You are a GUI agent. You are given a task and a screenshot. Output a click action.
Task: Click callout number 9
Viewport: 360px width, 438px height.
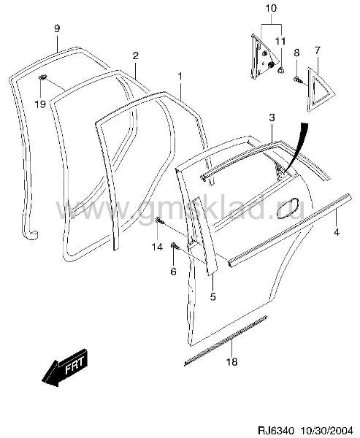pos(57,28)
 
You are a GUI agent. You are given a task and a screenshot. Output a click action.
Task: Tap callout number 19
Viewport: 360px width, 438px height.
pos(40,104)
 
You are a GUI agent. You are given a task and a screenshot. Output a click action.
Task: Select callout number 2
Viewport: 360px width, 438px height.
pos(135,55)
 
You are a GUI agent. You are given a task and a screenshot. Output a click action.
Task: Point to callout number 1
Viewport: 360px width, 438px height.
pos(180,76)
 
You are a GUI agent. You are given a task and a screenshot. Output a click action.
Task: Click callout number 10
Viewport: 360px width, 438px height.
pos(271,8)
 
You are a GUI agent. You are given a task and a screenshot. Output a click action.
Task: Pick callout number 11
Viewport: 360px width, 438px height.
pos(280,42)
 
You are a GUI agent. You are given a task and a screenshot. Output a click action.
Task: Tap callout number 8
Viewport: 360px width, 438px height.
pos(296,53)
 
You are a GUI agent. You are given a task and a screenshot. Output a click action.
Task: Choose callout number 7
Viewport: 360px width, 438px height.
pos(317,50)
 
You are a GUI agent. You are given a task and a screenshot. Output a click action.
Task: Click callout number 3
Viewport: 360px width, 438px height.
pos(272,118)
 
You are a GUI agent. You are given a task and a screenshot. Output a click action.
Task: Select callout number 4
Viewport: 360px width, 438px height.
pos(337,232)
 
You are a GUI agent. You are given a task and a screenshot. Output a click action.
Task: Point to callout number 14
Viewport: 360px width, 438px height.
pos(157,247)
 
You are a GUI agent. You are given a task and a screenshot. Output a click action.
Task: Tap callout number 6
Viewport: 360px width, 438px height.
pos(173,271)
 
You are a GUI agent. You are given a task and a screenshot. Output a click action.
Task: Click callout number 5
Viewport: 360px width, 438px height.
pos(213,296)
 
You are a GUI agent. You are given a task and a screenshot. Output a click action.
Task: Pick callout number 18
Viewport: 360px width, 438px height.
pos(232,362)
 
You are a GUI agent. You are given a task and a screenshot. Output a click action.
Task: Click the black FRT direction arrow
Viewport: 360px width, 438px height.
pos(65,367)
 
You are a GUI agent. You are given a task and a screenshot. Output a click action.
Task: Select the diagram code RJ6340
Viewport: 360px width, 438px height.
pos(275,431)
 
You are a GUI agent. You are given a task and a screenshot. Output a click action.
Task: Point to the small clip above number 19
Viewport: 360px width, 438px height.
pos(42,77)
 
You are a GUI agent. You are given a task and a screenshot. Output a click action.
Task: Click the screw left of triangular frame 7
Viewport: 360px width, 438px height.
pos(297,80)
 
